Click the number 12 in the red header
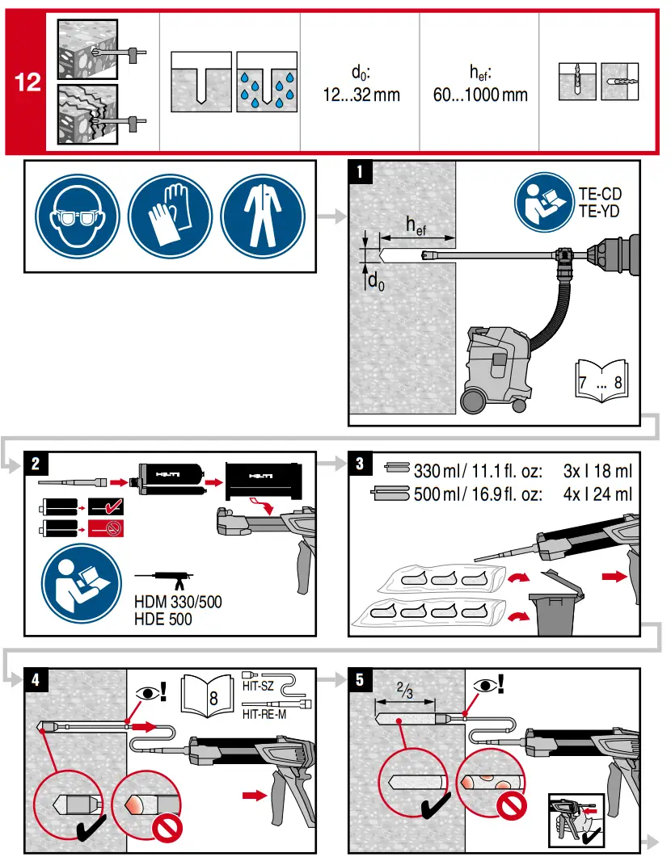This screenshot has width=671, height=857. coord(27,82)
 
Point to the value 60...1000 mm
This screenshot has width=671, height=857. coord(479,95)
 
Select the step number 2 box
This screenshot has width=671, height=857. coord(36,464)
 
